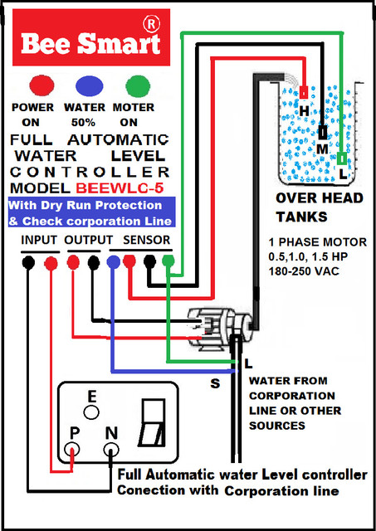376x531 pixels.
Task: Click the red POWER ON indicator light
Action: tap(42, 85)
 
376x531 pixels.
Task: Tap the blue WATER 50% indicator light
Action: tap(89, 86)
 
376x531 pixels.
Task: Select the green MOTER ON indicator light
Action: tap(138, 86)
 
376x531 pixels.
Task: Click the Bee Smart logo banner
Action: tap(91, 37)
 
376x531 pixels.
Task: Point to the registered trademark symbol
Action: tap(151, 24)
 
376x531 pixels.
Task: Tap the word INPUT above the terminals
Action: tap(38, 240)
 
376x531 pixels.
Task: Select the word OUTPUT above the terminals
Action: tap(89, 240)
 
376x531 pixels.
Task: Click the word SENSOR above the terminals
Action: tap(146, 240)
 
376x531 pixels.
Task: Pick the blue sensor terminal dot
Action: tap(113, 262)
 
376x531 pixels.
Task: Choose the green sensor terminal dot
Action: tap(168, 261)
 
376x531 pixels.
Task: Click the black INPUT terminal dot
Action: tap(28, 263)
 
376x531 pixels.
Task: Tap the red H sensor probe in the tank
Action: tap(304, 92)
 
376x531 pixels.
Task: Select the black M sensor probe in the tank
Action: tap(323, 132)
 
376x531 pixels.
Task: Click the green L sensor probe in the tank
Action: tap(343, 158)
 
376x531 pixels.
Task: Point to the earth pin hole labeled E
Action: tap(91, 413)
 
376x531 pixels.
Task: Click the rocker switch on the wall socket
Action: tap(153, 422)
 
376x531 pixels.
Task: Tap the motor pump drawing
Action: tap(220, 328)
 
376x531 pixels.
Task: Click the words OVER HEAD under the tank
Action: tap(320, 198)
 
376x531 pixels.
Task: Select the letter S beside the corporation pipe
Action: tap(215, 383)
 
